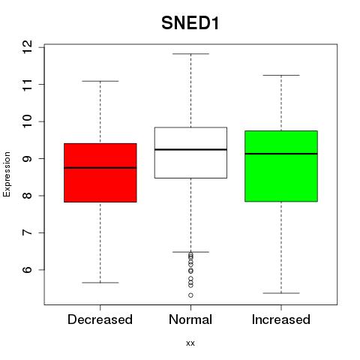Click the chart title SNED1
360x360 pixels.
pyautogui.click(x=190, y=23)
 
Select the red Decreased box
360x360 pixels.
pyautogui.click(x=100, y=172)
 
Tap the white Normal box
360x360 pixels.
pyautogui.click(x=190, y=153)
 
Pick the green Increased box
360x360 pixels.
pyautogui.click(x=281, y=166)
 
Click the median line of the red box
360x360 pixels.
pyautogui.click(x=100, y=168)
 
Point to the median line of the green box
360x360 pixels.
pyautogui.click(x=281, y=154)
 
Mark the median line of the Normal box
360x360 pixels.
pyautogui.click(x=190, y=149)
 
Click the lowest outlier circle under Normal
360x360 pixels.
pyautogui.click(x=190, y=295)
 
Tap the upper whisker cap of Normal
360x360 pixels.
pyautogui.click(x=190, y=54)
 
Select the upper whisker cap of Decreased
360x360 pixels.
pyautogui.click(x=100, y=81)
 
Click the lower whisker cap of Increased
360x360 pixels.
pyautogui.click(x=281, y=293)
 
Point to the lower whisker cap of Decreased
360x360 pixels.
pyautogui.click(x=100, y=283)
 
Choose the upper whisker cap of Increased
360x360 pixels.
pyautogui.click(x=281, y=75)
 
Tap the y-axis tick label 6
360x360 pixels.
pyautogui.click(x=27, y=270)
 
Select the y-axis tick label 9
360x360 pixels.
pyautogui.click(x=27, y=158)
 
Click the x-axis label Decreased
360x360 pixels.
pyautogui.click(x=100, y=319)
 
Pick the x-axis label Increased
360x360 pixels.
pyautogui.click(x=281, y=319)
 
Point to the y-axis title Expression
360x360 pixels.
pyautogui.click(x=7, y=174)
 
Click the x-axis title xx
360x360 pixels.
pyautogui.click(x=190, y=343)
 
